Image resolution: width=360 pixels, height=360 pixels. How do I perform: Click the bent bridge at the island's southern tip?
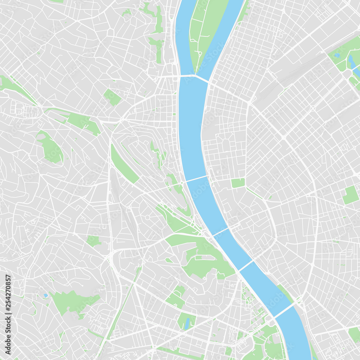coord(194,76)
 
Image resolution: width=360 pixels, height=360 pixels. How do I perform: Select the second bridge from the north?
coord(196,179)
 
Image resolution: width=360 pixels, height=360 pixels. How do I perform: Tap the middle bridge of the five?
coord(220,231)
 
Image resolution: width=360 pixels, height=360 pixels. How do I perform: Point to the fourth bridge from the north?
coord(246,266)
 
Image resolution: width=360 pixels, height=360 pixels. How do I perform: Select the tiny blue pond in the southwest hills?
coord(46,296)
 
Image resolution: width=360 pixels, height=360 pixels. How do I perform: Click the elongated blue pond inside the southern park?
coord(186,324)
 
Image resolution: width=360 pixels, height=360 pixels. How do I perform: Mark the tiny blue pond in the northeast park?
coord(338,55)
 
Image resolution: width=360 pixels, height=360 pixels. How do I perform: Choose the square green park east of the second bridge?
coord(238,183)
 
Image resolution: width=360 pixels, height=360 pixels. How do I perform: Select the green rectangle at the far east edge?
coord(350,195)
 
